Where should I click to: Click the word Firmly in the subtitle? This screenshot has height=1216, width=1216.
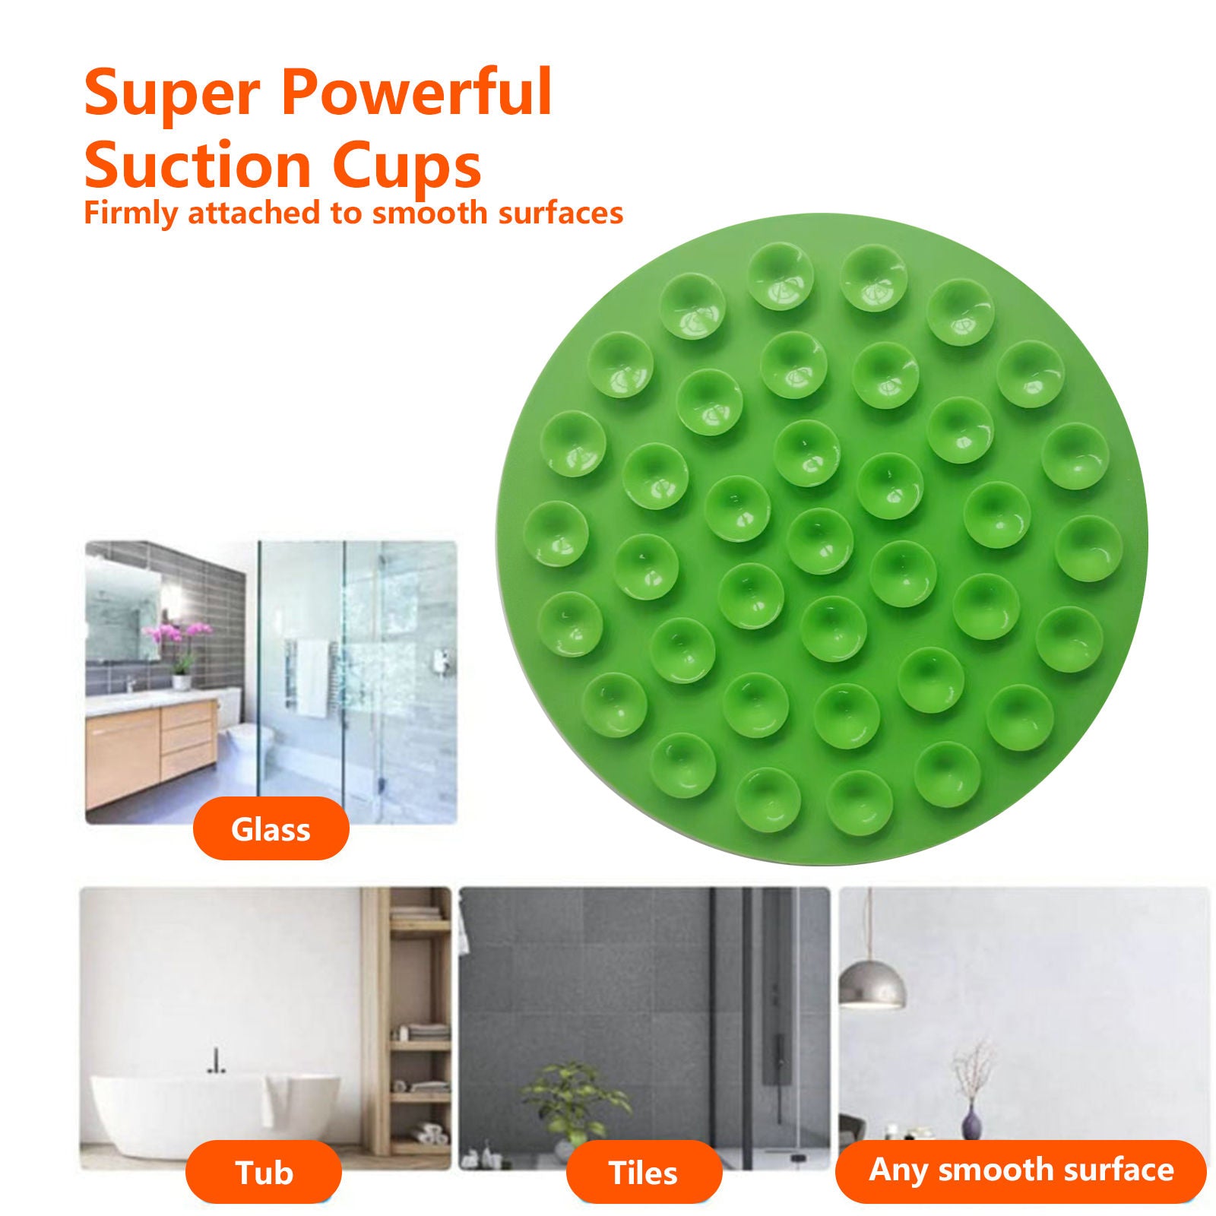130,213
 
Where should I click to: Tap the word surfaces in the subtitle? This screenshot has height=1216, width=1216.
560,213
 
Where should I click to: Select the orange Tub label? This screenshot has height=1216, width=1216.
264,1173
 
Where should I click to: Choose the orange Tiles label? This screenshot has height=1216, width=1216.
643,1173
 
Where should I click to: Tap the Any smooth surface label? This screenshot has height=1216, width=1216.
1021,1170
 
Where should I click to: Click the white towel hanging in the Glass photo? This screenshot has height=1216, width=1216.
311,678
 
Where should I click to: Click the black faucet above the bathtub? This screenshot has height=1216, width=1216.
217,1060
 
